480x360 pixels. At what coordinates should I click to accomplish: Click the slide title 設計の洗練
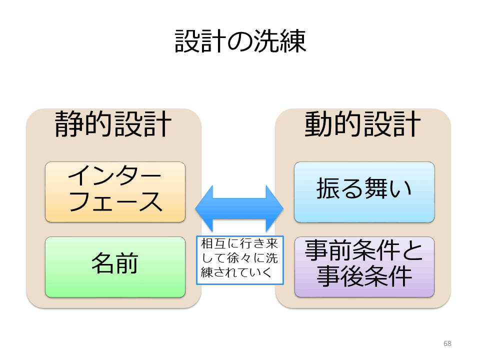coord(240,41)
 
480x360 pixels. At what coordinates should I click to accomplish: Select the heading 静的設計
coord(112,123)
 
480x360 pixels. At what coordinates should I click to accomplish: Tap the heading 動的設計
coord(362,123)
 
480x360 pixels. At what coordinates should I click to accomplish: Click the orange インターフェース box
coord(115,192)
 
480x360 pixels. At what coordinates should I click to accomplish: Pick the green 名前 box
coord(115,267)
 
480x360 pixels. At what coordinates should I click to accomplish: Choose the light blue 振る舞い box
coord(364,192)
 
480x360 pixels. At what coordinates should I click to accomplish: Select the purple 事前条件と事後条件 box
coord(364,267)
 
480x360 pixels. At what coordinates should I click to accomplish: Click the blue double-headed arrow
coord(239,209)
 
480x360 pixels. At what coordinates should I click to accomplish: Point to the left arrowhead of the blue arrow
coord(196,209)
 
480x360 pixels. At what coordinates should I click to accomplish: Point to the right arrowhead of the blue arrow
coord(283,209)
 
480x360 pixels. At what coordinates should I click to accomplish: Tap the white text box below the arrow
coord(240,260)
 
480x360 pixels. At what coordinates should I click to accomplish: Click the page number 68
coord(447,343)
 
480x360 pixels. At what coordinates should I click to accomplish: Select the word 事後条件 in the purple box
coord(364,276)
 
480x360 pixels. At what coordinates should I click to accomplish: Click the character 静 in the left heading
coord(69,123)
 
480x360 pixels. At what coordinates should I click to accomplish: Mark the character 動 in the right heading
coord(318,123)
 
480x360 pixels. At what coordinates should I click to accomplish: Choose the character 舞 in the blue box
coord(376,188)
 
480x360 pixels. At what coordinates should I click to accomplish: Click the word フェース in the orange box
coord(115,201)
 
